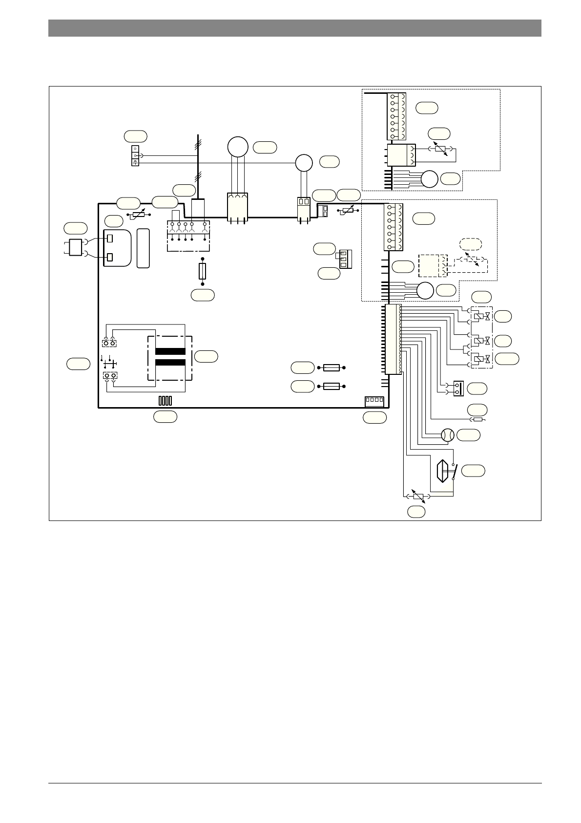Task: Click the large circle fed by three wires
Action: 238,147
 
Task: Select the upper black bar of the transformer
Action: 170,351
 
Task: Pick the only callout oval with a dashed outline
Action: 471,244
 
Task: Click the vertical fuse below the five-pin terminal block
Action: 203,271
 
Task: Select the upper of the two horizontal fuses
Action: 332,368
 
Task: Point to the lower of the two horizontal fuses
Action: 332,386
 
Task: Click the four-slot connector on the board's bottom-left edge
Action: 165,401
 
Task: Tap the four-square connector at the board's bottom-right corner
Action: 374,401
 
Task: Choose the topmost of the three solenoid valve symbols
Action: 480,317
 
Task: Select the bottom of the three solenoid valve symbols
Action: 480,359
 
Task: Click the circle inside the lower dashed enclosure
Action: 425,291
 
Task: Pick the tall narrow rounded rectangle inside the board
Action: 143,248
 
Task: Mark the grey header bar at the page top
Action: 294,28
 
